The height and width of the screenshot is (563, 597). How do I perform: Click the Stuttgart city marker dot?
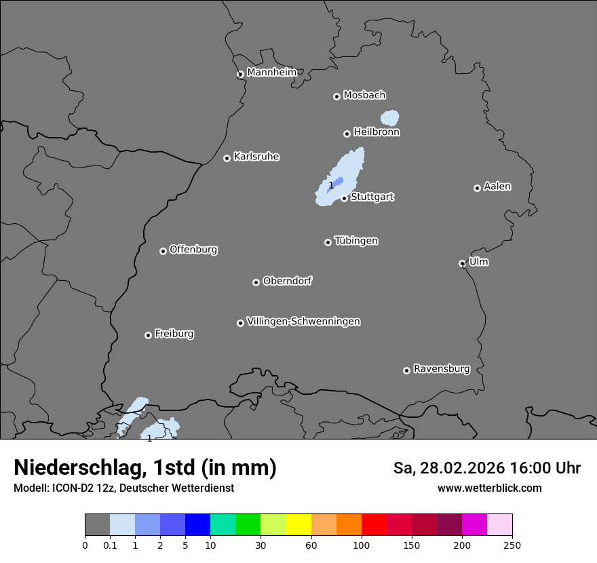pos(345,198)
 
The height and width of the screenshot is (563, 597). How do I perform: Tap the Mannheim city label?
pos(271,73)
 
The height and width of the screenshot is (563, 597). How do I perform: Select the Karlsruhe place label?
pos(256,157)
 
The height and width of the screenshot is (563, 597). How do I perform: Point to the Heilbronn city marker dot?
pos(347,134)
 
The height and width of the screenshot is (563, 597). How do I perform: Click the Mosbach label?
pos(364,96)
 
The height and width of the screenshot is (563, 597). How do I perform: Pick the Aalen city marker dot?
pos(477,188)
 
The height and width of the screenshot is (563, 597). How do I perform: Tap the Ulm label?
pos(478,262)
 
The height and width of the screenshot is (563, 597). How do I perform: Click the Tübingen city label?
pos(356,241)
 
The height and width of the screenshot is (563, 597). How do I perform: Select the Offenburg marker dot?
pos(163,251)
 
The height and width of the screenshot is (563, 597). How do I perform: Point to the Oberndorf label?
pos(288,281)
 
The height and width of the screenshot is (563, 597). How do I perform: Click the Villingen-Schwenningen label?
pos(303,322)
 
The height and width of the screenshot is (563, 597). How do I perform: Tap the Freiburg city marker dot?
pos(148,335)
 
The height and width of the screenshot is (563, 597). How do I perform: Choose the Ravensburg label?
pos(442,369)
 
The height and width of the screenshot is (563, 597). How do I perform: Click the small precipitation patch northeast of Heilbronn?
pos(389,119)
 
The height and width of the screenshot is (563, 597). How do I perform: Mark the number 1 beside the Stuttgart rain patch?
pos(331,185)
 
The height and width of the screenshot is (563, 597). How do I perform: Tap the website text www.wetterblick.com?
pos(489,488)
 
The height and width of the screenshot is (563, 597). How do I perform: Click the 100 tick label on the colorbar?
pos(362,544)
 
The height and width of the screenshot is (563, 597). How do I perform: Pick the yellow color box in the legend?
pos(298,525)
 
